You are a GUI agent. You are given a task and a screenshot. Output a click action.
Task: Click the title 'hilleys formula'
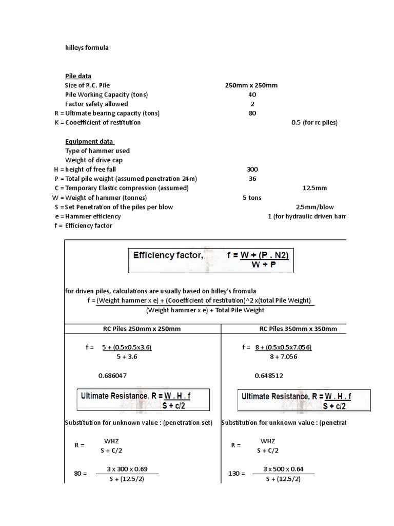pos(87,48)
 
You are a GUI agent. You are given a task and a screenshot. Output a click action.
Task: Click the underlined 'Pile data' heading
pos(78,76)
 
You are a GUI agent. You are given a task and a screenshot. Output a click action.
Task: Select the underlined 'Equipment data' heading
pos(89,142)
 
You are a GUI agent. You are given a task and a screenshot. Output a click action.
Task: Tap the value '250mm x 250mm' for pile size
pos(251,85)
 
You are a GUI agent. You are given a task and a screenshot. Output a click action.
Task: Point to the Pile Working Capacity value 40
pos(252,95)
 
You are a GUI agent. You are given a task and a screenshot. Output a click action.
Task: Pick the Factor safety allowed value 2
pos(252,104)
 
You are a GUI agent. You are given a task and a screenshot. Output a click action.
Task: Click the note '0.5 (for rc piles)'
pos(314,123)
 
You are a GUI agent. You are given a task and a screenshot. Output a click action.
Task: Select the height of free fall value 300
pos(252,170)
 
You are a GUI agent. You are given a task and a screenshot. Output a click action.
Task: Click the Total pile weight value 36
pos(252,179)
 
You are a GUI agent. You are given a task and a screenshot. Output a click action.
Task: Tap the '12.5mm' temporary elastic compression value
pos(314,188)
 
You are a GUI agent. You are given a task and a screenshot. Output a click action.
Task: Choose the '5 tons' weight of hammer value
pos(252,198)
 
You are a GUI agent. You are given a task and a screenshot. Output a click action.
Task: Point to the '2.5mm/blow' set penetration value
pos(314,207)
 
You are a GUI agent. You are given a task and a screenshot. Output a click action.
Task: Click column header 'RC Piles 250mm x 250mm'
pos(142,329)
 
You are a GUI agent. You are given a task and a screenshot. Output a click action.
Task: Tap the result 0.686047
pos(112,375)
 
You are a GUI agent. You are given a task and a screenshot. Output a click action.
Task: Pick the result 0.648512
pos(268,375)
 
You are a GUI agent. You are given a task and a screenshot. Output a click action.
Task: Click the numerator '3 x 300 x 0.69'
pos(126,469)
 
